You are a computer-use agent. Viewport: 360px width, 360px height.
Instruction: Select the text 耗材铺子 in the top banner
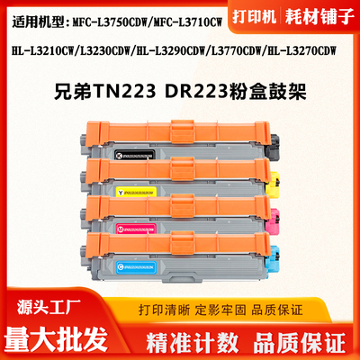point(321,18)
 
